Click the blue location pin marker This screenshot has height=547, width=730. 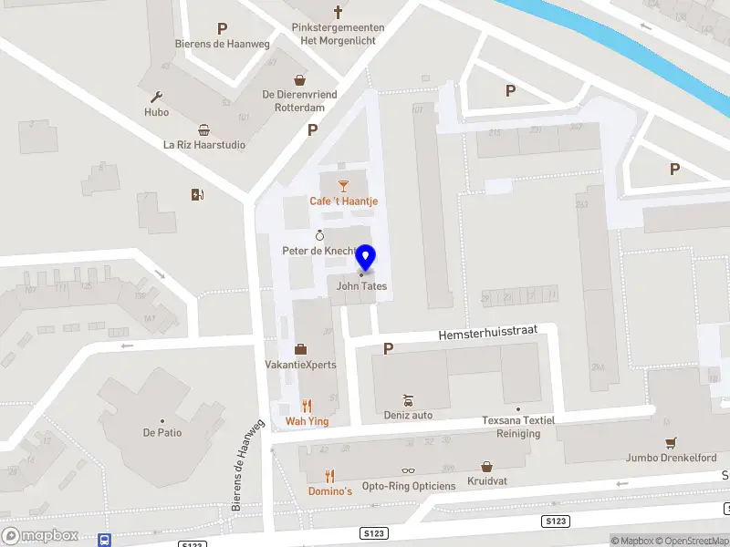[366, 257]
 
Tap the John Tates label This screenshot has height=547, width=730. [361, 286]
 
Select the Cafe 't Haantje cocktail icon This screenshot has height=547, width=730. [343, 187]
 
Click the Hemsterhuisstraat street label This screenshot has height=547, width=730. [486, 334]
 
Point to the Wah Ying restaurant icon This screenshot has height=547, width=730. [307, 406]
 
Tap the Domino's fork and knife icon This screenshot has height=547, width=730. [330, 476]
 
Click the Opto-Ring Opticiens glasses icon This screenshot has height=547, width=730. [408, 471]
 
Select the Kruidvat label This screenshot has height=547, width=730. [486, 480]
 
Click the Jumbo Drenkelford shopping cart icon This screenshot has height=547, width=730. [672, 443]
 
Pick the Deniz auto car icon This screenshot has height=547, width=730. [408, 400]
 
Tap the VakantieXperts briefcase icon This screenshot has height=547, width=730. [300, 349]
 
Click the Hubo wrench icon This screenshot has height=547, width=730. [156, 98]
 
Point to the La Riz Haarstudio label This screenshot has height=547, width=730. [204, 145]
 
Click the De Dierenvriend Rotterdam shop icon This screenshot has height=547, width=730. [298, 80]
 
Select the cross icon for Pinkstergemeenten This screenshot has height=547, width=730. [338, 13]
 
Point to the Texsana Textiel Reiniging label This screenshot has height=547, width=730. [517, 427]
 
